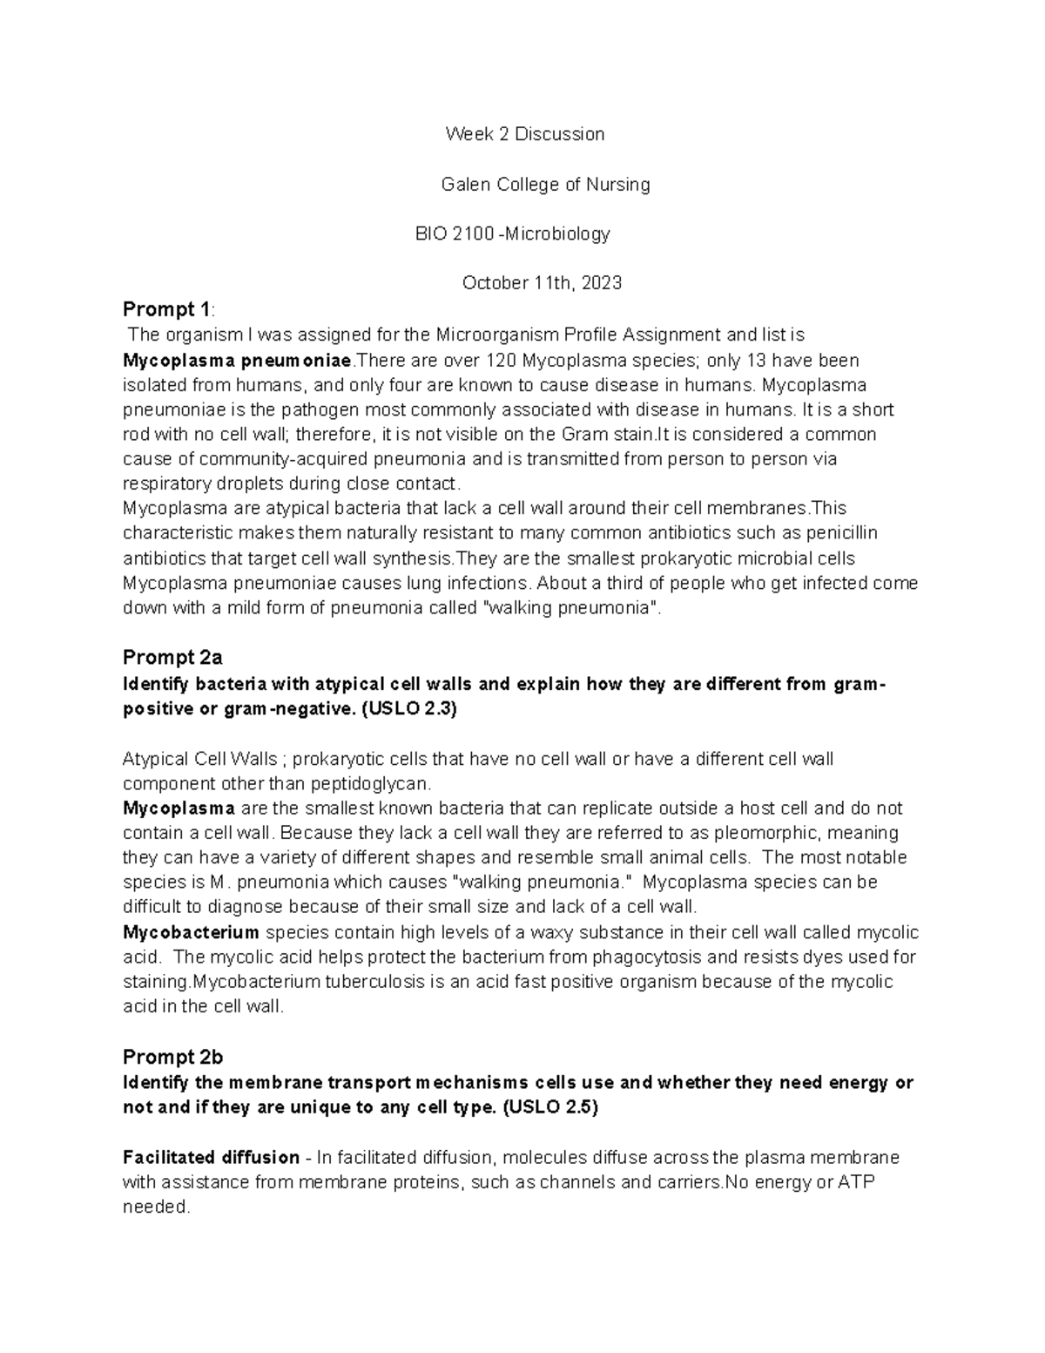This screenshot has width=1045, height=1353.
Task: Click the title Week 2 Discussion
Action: point(524,134)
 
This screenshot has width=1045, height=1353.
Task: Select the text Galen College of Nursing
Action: point(545,185)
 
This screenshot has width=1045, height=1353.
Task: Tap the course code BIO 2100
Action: point(455,234)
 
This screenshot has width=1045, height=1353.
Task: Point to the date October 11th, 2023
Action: point(542,283)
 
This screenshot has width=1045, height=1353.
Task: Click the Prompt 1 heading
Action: point(166,309)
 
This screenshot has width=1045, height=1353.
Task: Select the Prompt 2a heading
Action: point(172,658)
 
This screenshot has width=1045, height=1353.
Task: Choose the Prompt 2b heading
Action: point(172,1058)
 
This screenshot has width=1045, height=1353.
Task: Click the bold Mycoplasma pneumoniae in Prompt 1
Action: point(237,361)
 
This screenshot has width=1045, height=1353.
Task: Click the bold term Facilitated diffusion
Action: point(211,1158)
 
